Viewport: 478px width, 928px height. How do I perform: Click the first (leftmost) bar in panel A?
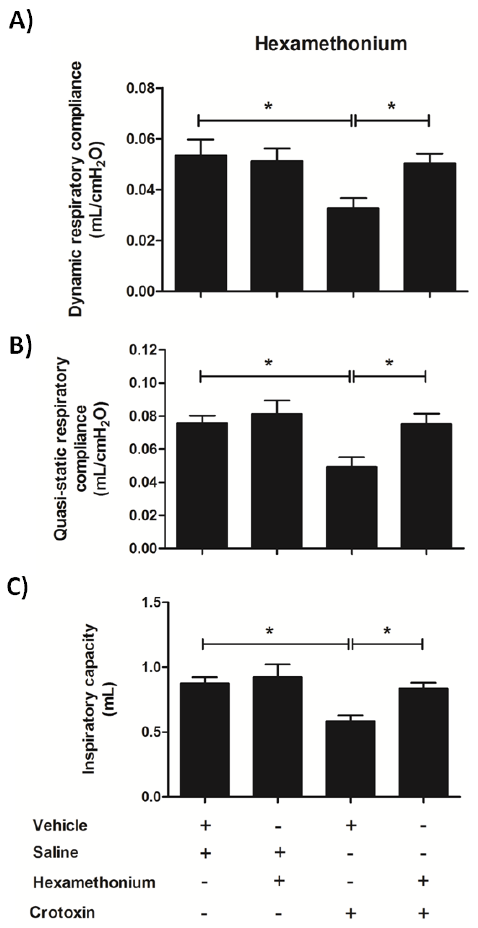(x=201, y=223)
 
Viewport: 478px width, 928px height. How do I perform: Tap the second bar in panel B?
(x=277, y=481)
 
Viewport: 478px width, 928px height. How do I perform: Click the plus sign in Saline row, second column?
(x=280, y=853)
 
